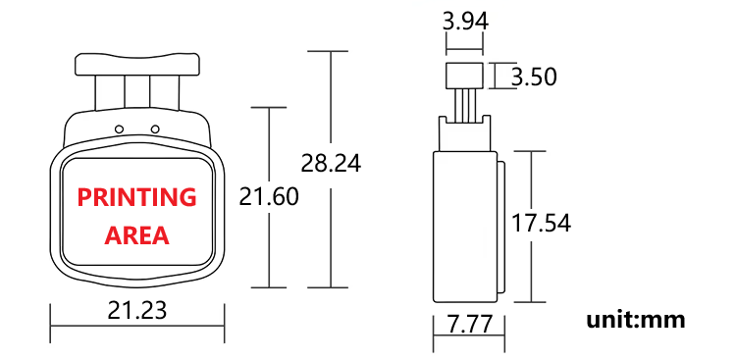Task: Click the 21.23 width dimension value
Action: point(137,310)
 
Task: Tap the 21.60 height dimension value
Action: point(269,196)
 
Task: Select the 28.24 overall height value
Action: point(331,164)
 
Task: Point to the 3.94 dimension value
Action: point(465,22)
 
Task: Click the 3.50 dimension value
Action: point(534,77)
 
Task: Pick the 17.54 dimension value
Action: point(541,223)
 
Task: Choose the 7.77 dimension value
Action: point(470,325)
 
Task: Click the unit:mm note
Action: point(636,320)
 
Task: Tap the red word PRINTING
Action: point(137,197)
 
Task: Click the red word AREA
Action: point(136,235)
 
